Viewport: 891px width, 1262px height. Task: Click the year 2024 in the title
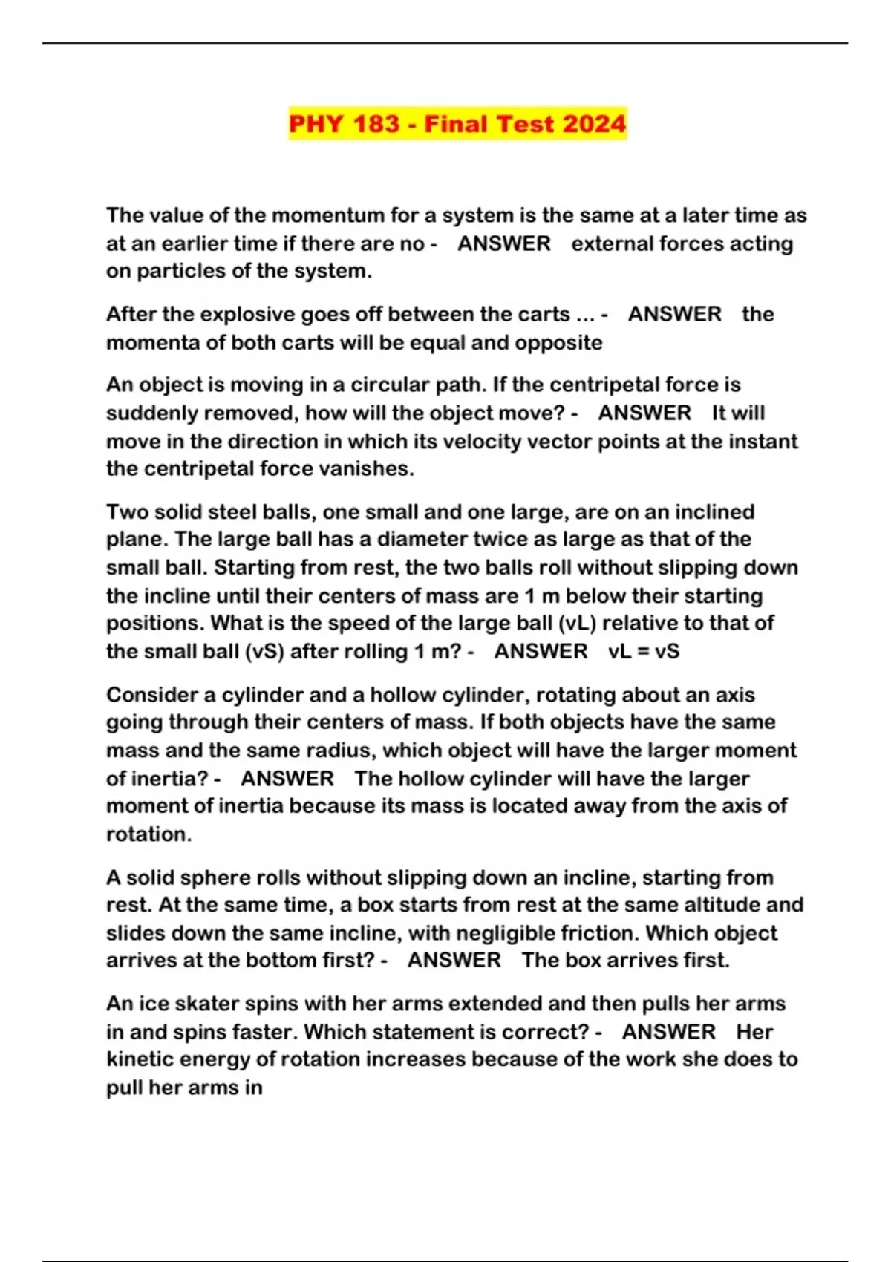click(594, 123)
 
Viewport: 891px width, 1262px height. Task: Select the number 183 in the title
click(376, 123)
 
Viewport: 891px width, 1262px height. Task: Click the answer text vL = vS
click(644, 651)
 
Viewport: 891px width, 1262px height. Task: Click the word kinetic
click(143, 1059)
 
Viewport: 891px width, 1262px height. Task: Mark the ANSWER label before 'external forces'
click(503, 243)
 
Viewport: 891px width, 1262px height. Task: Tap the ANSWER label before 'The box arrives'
click(454, 960)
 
